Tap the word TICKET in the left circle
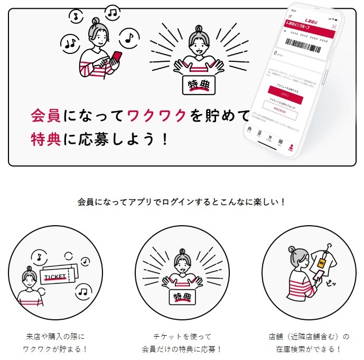pos(56,277)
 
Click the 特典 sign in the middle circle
pos(181,297)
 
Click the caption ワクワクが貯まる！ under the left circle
pos(55,349)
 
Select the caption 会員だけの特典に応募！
pos(182,349)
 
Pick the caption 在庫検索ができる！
pos(309,349)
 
